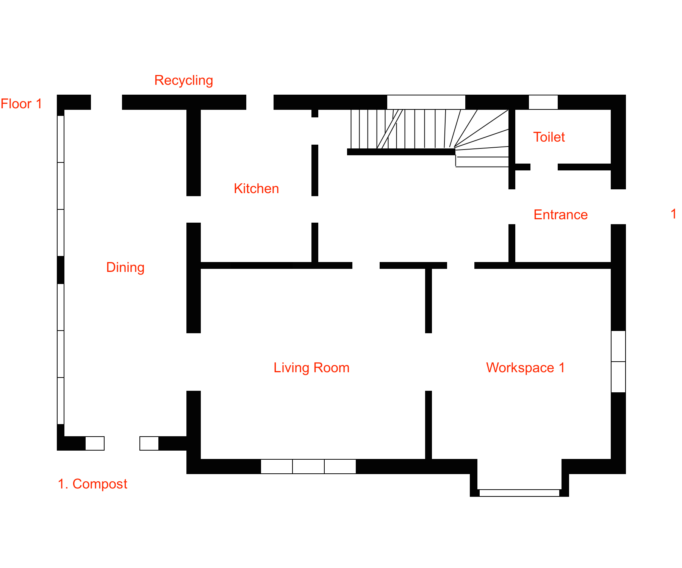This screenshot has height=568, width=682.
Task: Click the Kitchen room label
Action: (257, 189)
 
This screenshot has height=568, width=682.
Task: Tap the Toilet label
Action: (549, 137)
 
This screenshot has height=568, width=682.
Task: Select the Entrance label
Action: (561, 215)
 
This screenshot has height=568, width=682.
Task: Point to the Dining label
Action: (125, 267)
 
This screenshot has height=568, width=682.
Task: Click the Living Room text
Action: (311, 368)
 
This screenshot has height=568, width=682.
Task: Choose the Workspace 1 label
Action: (526, 368)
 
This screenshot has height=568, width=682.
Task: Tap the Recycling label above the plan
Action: (184, 80)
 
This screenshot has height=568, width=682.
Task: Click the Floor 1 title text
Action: (21, 104)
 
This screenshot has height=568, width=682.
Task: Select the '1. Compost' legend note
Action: (92, 484)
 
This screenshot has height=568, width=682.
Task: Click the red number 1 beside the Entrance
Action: (673, 214)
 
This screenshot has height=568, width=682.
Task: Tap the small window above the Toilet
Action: (543, 102)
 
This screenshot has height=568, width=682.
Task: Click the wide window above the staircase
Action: (426, 102)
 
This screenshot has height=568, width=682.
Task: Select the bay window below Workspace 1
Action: (519, 493)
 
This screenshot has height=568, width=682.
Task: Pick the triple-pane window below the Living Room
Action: (308, 467)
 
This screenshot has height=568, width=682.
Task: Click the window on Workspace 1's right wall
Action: (618, 362)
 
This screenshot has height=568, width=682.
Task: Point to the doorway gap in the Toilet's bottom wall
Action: (544, 167)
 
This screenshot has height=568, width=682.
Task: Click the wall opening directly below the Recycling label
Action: (106, 102)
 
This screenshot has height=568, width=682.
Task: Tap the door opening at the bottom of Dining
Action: (122, 443)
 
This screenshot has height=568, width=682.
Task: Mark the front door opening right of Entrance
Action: (618, 207)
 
